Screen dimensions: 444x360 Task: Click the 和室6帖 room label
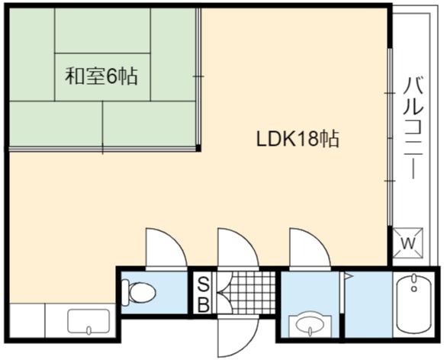click(101, 76)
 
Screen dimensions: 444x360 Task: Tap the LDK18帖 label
click(298, 138)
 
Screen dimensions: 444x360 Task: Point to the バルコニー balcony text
click(413, 128)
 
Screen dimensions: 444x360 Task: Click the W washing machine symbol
click(407, 243)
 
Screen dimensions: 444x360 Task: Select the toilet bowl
click(142, 292)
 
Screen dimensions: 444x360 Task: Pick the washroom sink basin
click(310, 325)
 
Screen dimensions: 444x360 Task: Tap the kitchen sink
click(88, 322)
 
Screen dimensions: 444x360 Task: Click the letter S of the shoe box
click(203, 284)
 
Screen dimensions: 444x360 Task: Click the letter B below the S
click(203, 304)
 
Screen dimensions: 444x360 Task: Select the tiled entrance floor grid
click(246, 293)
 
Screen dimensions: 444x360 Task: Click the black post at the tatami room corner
click(198, 148)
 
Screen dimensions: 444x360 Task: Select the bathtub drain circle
click(414, 289)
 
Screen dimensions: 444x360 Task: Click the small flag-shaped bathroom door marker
click(347, 275)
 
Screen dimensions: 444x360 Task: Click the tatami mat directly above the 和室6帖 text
click(102, 31)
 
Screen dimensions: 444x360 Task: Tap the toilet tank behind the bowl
click(124, 292)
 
